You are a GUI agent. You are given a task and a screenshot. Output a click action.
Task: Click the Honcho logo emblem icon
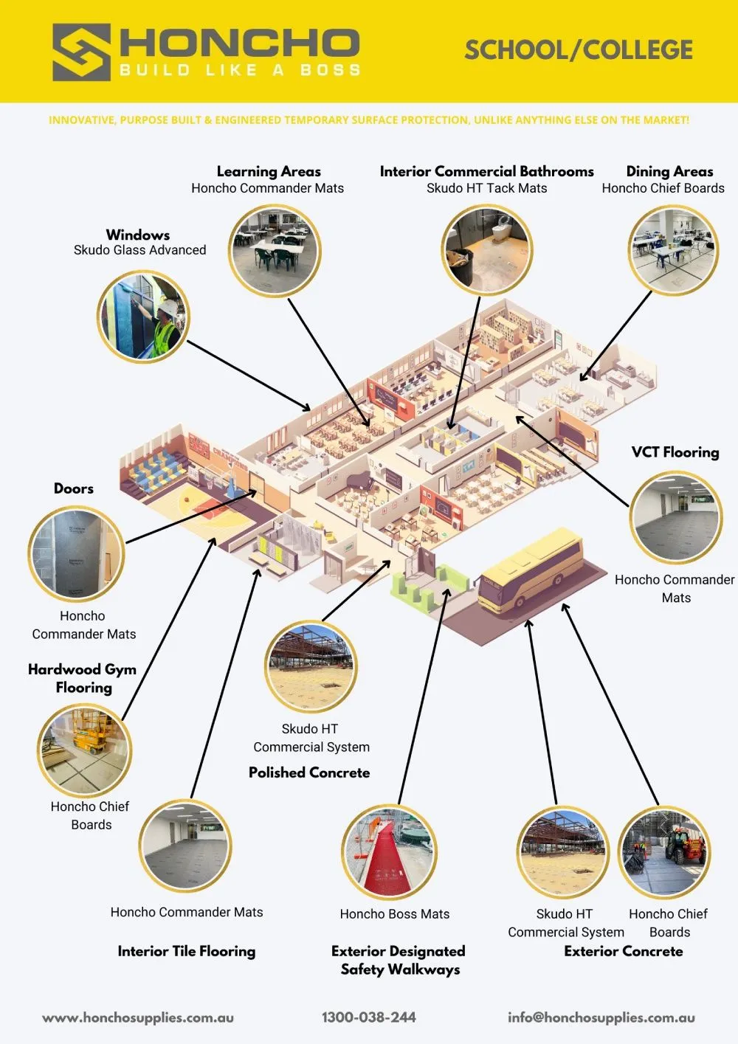81,52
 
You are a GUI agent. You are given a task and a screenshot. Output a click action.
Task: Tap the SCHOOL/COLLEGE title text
579,50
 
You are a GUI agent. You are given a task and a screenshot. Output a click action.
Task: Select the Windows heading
138,235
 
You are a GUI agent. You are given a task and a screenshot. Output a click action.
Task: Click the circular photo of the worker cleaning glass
143,316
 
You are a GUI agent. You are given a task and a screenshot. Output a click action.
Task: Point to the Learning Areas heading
269,171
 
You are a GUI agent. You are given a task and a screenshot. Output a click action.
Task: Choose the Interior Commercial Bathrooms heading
486,171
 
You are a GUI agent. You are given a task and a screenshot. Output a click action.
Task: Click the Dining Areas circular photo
672,250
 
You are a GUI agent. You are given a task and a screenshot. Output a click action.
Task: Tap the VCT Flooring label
675,452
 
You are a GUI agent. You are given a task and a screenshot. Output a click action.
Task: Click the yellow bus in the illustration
531,569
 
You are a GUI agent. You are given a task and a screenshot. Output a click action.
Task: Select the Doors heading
74,488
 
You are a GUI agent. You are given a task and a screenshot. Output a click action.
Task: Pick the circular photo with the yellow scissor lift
85,750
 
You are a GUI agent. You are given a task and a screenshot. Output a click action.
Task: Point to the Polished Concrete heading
309,772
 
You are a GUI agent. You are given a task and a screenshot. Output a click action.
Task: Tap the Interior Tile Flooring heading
187,951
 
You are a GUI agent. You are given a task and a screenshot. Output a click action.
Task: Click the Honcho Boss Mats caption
395,914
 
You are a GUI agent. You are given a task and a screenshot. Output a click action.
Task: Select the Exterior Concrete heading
624,951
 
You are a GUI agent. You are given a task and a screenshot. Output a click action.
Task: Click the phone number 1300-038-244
369,1017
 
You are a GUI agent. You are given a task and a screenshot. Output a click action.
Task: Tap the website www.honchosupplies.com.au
138,1017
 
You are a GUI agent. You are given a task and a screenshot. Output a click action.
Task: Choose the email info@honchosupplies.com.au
601,1017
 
